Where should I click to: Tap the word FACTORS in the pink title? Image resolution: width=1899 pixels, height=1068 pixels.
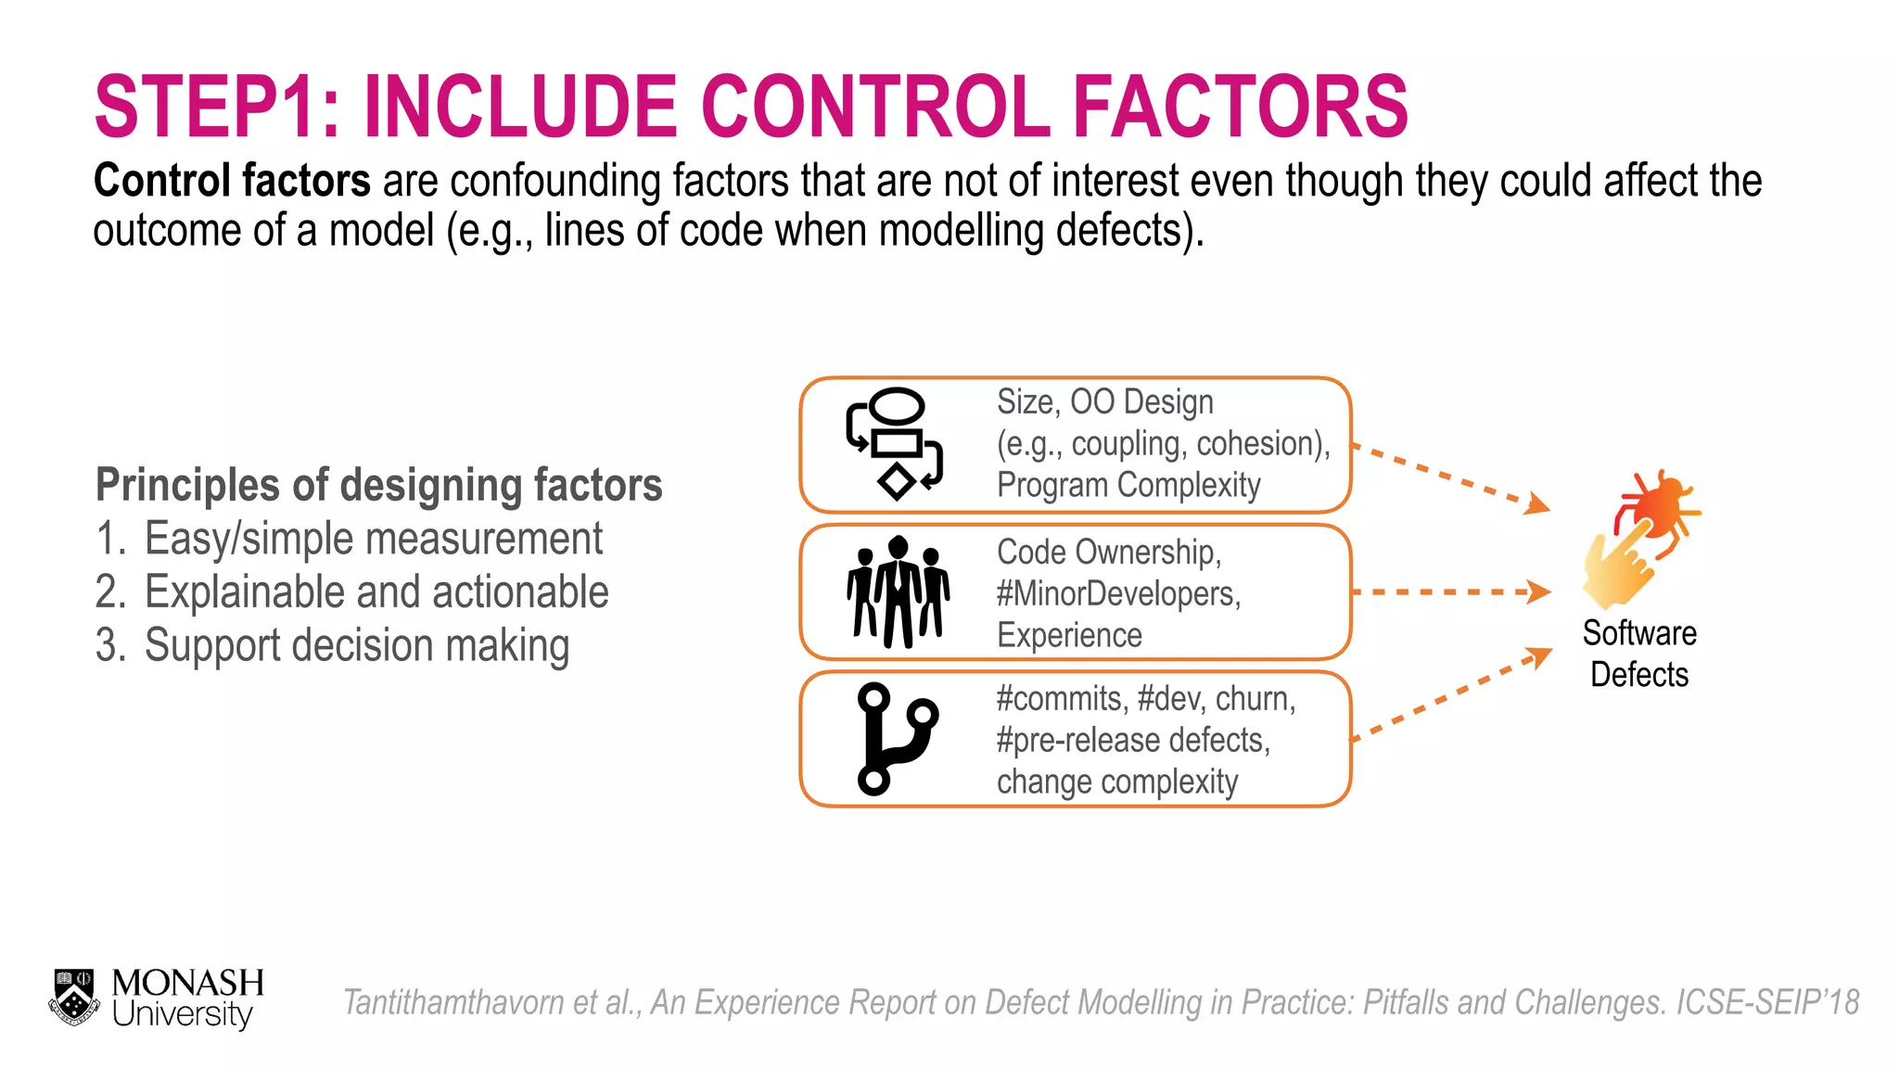pyautogui.click(x=1240, y=107)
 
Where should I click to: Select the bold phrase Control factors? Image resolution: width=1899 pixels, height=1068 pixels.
pyautogui.click(x=232, y=181)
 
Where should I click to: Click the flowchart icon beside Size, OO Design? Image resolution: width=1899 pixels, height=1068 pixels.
pyautogui.click(x=894, y=444)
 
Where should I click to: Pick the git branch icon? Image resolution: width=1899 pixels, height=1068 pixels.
pyautogui.click(x=894, y=739)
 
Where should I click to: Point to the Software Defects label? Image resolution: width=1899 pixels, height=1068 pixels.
pyautogui.click(x=1639, y=654)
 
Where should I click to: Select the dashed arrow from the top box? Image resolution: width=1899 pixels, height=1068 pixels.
pyautogui.click(x=1450, y=477)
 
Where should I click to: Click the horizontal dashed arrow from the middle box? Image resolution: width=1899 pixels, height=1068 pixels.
pyautogui.click(x=1450, y=591)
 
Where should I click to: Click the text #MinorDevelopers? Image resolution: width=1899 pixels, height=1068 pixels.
pyautogui.click(x=1118, y=593)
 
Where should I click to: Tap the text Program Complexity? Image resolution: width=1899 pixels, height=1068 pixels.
pyautogui.click(x=1128, y=485)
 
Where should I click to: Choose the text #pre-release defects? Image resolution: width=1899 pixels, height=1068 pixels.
pyautogui.click(x=1133, y=740)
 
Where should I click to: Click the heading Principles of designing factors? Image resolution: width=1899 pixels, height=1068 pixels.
pyautogui.click(x=378, y=485)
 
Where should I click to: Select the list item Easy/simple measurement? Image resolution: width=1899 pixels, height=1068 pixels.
pyautogui.click(x=373, y=539)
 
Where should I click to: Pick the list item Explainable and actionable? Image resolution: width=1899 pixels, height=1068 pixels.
pyautogui.click(x=376, y=592)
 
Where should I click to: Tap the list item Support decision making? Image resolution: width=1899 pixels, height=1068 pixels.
pyautogui.click(x=357, y=645)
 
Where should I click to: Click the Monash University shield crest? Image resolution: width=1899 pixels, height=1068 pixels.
pyautogui.click(x=74, y=998)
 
